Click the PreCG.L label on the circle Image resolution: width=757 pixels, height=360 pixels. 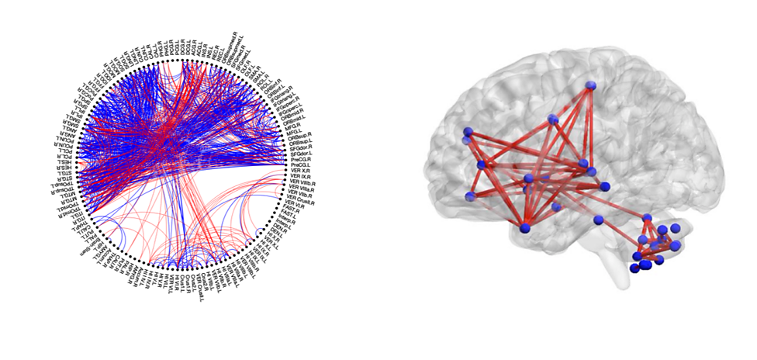(299, 165)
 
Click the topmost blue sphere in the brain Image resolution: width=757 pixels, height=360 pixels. (590, 85)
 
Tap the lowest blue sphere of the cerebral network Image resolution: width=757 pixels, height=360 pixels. (525, 227)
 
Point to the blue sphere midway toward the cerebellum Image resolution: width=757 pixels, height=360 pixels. (598, 220)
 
